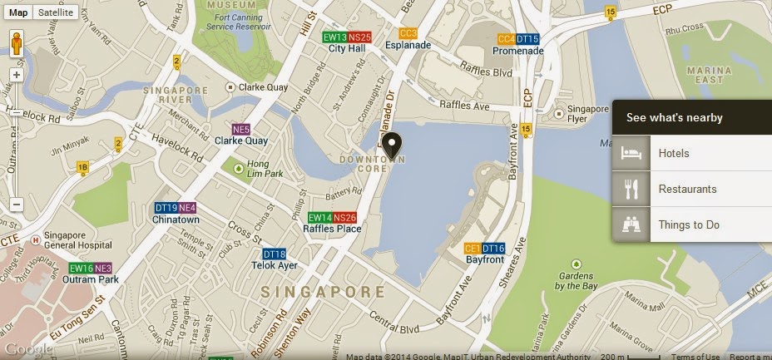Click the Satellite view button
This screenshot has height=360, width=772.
click(x=57, y=12)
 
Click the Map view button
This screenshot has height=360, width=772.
click(x=18, y=12)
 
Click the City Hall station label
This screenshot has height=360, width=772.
click(x=347, y=49)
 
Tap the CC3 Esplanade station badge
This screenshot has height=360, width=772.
click(x=408, y=34)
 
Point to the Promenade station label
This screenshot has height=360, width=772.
click(x=517, y=51)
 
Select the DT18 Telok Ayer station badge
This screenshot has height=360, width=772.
click(x=274, y=254)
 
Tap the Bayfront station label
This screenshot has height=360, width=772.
click(x=485, y=260)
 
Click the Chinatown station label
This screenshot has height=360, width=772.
click(x=176, y=219)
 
